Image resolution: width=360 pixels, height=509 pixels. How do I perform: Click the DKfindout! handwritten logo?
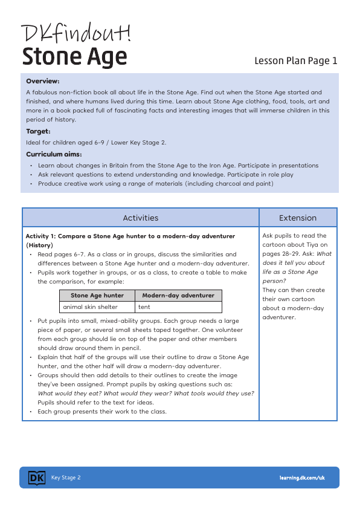(x=76, y=33)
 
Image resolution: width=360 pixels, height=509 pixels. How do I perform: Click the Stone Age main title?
(x=74, y=57)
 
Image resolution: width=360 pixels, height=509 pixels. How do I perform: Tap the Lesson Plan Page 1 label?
(x=295, y=60)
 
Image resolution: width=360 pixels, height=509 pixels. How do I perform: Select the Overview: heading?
(x=42, y=81)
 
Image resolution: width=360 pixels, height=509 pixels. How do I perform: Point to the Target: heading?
(x=38, y=131)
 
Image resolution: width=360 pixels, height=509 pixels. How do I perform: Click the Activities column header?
(x=140, y=218)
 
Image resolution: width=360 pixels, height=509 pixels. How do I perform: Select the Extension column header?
(x=297, y=218)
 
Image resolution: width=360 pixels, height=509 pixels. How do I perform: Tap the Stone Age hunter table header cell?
(x=97, y=296)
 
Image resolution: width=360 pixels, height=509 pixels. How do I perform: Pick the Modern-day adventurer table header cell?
(x=178, y=296)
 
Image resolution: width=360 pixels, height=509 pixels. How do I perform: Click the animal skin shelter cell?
(x=90, y=307)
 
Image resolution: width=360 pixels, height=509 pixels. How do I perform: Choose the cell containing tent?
(x=144, y=307)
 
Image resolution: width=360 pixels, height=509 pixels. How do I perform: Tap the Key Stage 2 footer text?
(x=66, y=478)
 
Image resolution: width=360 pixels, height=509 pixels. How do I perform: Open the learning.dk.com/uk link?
(x=302, y=478)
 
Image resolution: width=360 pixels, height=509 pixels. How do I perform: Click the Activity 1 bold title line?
(x=130, y=236)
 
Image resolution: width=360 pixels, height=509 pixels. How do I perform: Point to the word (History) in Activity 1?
(x=39, y=245)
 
